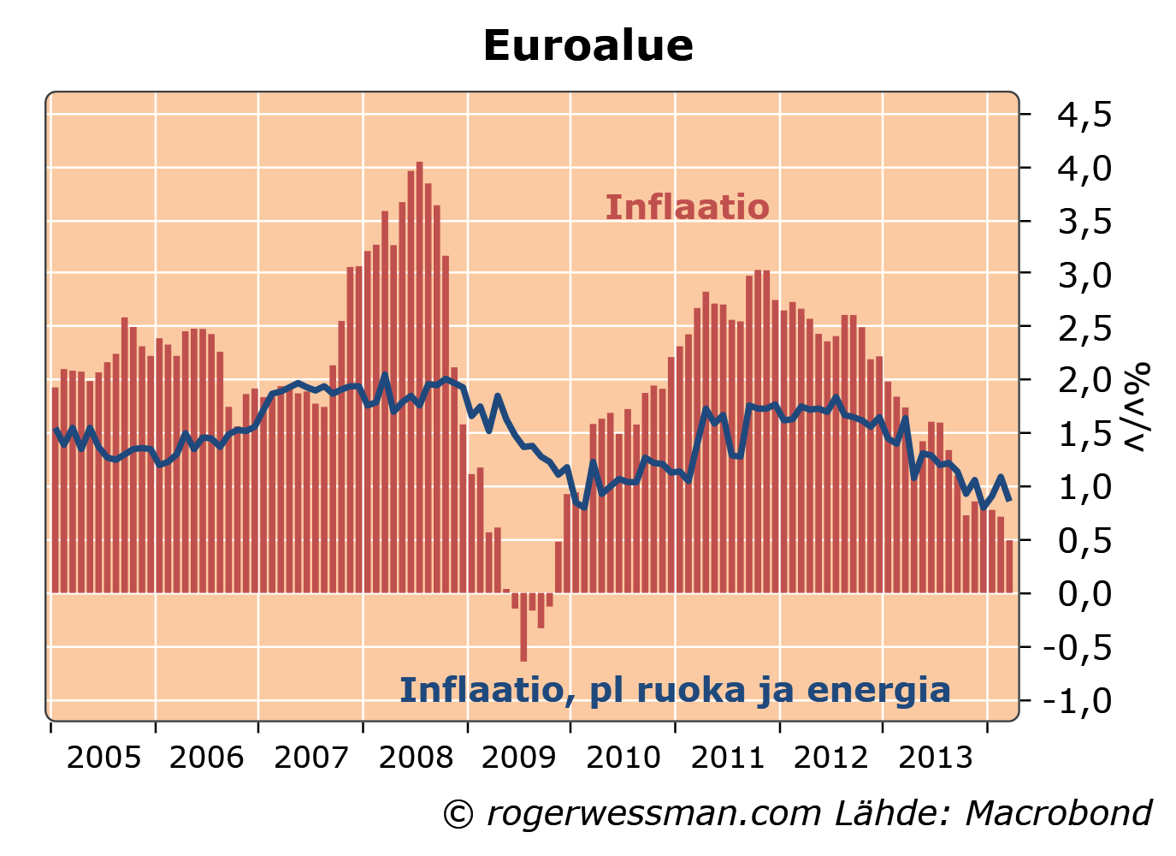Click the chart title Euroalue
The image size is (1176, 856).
(588, 46)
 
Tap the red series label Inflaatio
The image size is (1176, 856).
(687, 207)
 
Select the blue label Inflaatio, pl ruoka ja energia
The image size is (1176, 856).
(675, 690)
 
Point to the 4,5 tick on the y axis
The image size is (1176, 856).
(1084, 115)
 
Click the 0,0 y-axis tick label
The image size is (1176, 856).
(1084, 593)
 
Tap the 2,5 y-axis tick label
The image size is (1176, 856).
(1084, 328)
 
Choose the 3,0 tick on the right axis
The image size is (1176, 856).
(1084, 275)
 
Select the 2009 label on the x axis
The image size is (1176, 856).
(519, 758)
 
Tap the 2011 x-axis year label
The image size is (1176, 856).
(727, 758)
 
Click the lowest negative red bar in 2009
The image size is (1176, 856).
(523, 627)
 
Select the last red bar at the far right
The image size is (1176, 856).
(1009, 566)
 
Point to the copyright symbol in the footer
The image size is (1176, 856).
(458, 814)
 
